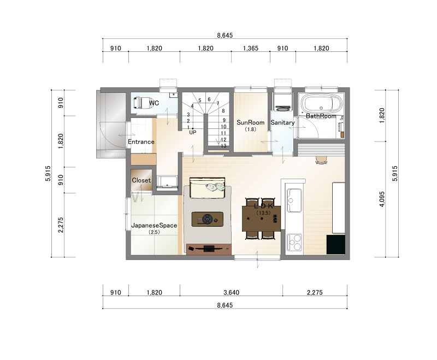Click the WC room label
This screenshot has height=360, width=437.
(154, 103)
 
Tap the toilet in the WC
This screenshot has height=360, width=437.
(143, 103)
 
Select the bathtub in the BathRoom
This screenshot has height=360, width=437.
(321, 104)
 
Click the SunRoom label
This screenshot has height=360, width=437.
(250, 122)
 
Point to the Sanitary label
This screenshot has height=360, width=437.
(282, 122)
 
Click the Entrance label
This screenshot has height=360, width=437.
(141, 142)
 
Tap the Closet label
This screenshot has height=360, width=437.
(141, 180)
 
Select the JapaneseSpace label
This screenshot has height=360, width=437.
(154, 226)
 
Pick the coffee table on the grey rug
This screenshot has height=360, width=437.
(208, 219)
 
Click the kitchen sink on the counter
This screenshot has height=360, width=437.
(294, 200)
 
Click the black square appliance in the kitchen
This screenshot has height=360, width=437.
(335, 245)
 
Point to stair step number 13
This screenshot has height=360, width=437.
(223, 146)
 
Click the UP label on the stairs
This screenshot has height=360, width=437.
(193, 133)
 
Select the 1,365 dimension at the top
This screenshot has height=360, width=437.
(251, 49)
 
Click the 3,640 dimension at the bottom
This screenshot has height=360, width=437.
(231, 293)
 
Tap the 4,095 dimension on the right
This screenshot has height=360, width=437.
(382, 199)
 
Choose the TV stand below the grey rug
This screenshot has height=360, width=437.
(209, 249)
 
